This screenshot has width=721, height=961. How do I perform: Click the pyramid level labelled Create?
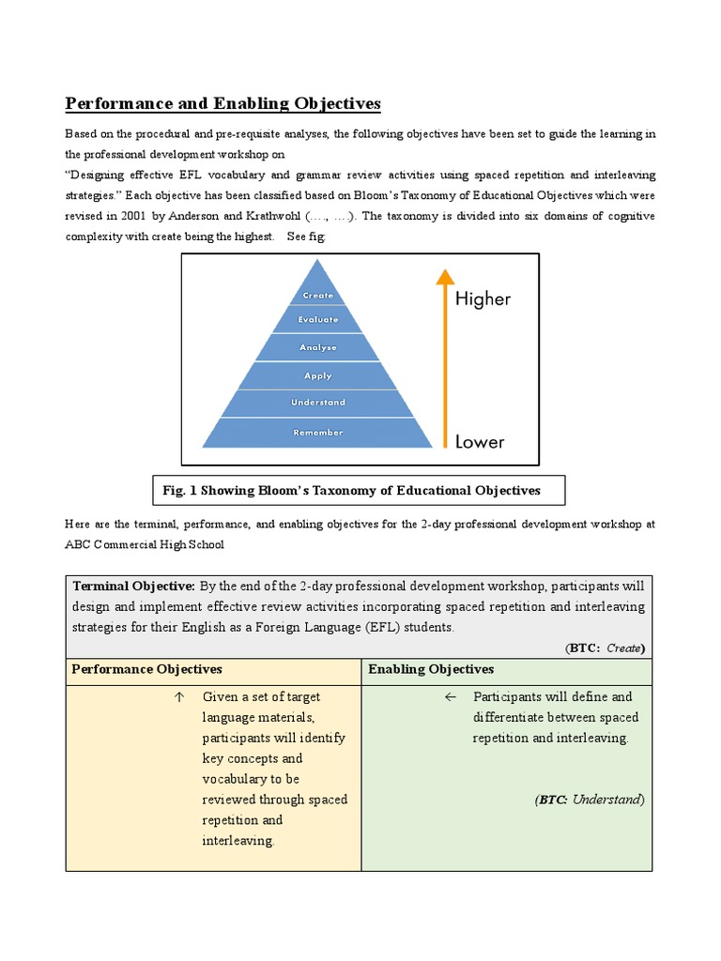(x=318, y=295)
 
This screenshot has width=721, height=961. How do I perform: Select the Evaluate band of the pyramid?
(x=318, y=320)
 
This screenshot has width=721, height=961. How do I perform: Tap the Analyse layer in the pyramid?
(x=318, y=347)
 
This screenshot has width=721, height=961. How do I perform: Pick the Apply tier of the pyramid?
(x=318, y=375)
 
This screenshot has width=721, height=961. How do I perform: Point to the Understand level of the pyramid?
(x=318, y=403)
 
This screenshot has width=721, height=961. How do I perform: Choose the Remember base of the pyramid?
(x=318, y=433)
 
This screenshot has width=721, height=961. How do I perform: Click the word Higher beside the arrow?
(x=483, y=299)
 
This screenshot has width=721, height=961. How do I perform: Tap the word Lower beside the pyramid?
(x=480, y=441)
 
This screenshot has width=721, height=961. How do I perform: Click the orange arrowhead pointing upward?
(x=445, y=277)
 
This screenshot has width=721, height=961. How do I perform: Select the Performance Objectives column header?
(x=147, y=669)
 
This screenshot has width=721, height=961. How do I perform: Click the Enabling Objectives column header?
(x=431, y=669)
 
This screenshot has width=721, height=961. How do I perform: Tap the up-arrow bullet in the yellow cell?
(x=178, y=696)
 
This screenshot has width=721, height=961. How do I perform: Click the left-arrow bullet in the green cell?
(x=450, y=696)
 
